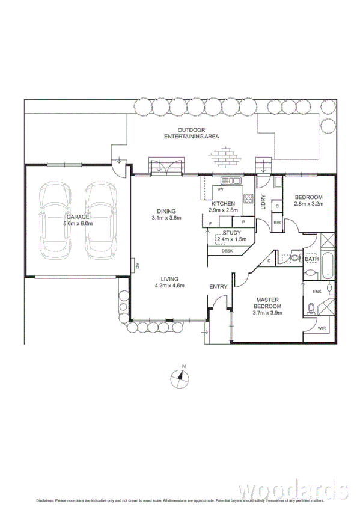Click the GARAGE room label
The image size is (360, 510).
[x=79, y=217]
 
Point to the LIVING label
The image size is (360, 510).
[x=169, y=278]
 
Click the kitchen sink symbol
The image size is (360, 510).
[x=231, y=180]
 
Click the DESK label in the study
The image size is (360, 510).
[x=227, y=251]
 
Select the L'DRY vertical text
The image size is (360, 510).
[x=263, y=203]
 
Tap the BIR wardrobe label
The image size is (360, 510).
[x=277, y=223]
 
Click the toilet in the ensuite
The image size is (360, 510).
[x=311, y=309]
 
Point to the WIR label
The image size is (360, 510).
[x=322, y=328]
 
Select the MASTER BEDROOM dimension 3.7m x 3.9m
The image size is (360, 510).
[x=267, y=313]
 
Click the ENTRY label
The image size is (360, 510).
[x=218, y=287]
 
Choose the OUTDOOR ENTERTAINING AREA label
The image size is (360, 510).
[x=192, y=134]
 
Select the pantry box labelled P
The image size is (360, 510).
[x=243, y=222]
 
